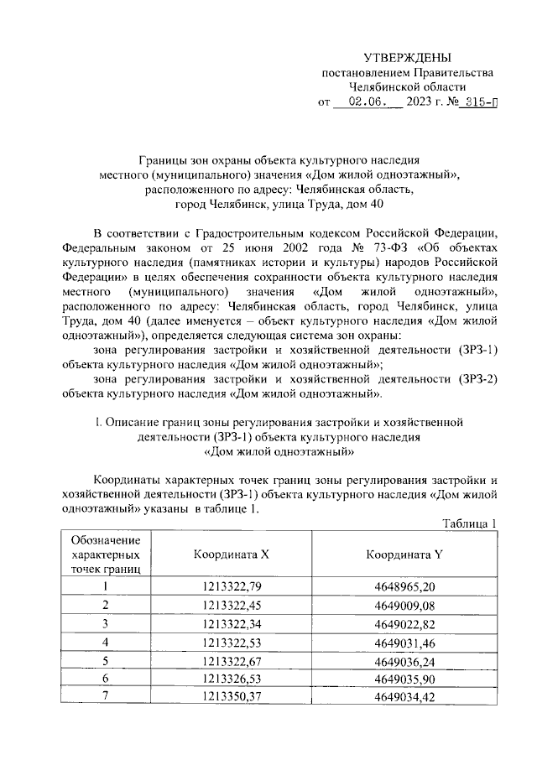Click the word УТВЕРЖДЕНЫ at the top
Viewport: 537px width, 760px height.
click(407, 58)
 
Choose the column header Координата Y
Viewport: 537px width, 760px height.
click(406, 554)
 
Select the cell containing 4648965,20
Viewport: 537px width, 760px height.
click(406, 586)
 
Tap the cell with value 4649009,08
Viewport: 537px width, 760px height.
click(406, 605)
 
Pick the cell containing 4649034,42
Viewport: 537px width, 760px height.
click(406, 695)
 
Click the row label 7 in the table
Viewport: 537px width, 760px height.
click(106, 695)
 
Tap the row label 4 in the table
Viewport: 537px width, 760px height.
click(106, 642)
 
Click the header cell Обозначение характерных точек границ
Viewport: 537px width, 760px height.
click(106, 554)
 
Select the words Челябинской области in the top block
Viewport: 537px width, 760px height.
click(407, 86)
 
